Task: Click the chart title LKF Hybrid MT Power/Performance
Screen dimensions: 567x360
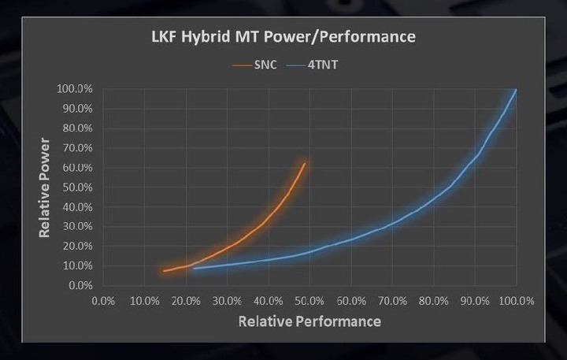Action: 283,37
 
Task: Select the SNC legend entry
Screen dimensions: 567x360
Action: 255,65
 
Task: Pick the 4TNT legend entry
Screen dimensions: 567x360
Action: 313,65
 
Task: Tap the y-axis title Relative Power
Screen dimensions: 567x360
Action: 44,187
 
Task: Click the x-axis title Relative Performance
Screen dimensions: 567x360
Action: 309,321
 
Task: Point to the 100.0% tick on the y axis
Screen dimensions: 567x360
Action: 75,89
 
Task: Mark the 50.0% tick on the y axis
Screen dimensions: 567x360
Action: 77,187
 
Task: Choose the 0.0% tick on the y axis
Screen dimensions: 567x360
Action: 80,285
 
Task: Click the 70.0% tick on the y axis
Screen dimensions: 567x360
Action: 77,148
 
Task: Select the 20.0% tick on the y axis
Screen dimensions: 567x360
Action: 77,247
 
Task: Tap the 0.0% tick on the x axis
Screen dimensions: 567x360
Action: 103,301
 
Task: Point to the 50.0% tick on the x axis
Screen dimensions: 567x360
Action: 309,301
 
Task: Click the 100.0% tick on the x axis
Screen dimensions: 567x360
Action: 517,301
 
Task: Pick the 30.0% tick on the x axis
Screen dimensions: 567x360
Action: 227,301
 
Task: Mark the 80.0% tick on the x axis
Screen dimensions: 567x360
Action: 434,301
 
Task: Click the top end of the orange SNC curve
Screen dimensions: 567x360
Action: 305,164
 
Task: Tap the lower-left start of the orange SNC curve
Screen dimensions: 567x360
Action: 164,271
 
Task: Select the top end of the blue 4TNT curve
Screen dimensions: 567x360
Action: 516,89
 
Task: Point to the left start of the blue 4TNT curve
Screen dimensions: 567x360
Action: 194,269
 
